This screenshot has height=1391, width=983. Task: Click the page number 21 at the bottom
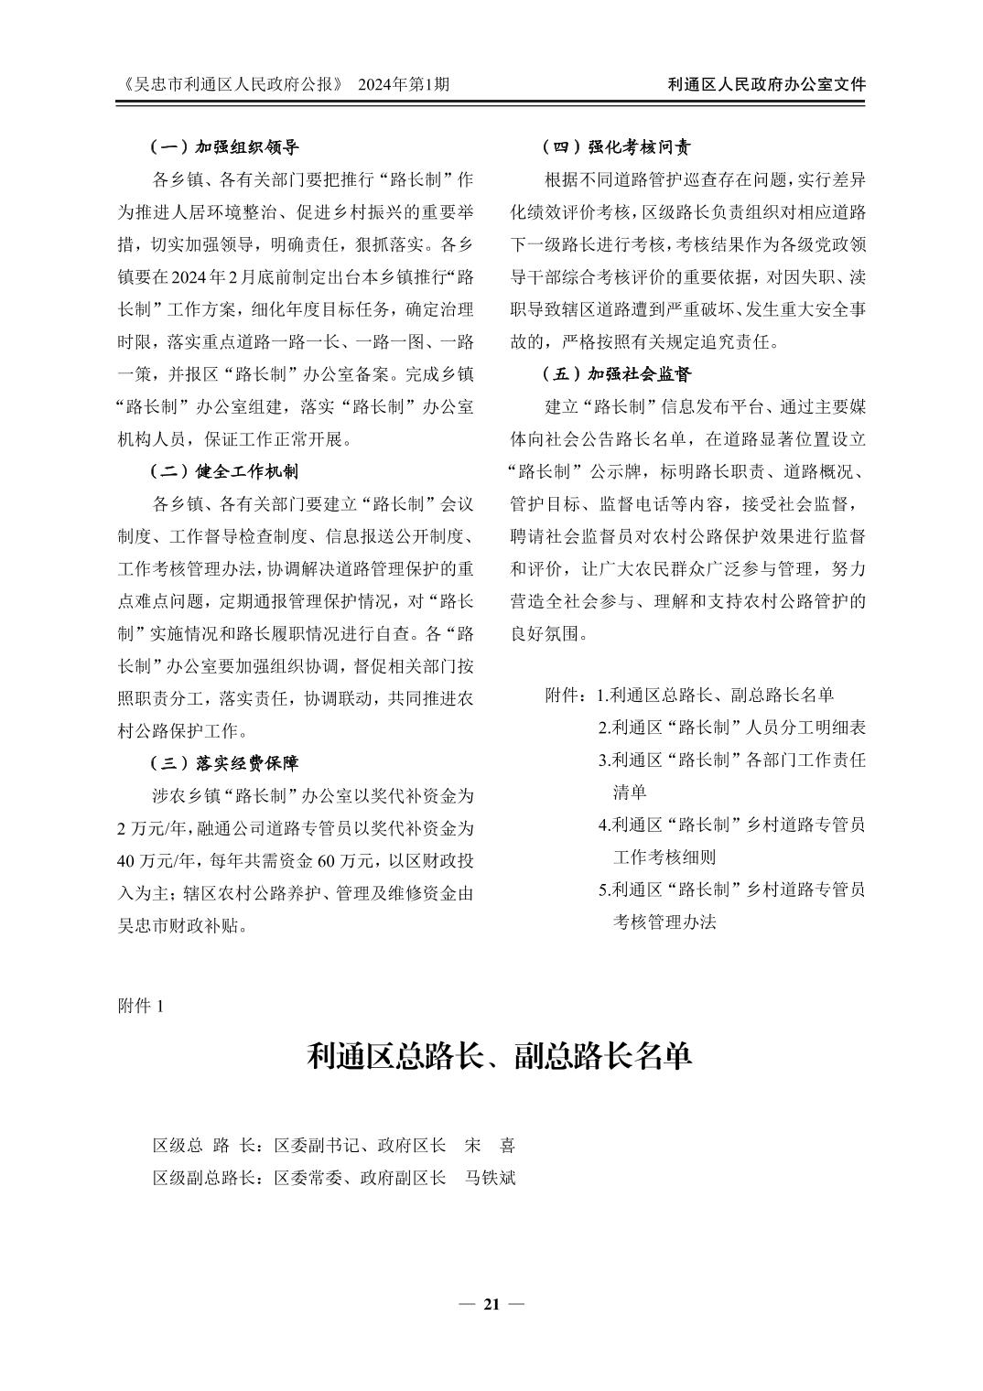tap(491, 1304)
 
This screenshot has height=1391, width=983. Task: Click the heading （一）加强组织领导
tap(224, 146)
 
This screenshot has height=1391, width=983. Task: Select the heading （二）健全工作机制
tap(224, 471)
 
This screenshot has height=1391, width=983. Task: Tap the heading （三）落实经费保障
tap(224, 762)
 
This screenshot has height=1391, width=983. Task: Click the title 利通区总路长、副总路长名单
tap(499, 1056)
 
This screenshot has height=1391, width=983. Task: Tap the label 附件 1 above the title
tap(141, 1006)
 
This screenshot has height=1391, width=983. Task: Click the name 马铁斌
tap(491, 1177)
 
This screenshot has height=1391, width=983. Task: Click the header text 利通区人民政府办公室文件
tap(767, 84)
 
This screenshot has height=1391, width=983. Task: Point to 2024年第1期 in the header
tap(404, 84)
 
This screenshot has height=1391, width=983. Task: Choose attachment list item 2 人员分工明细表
tap(732, 728)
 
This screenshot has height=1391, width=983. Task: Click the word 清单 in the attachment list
tap(630, 792)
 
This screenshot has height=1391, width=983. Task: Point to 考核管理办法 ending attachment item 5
tap(664, 922)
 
